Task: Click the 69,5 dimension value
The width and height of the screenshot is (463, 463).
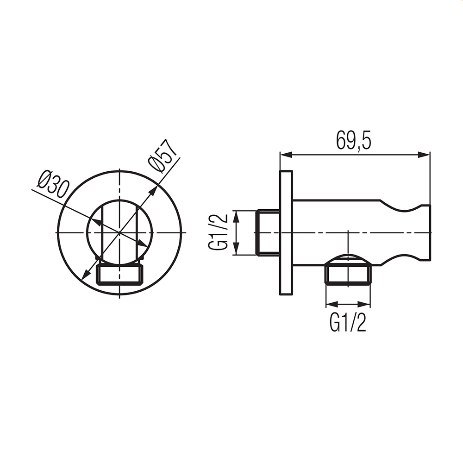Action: [353, 141]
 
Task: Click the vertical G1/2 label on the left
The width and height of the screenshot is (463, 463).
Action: [219, 232]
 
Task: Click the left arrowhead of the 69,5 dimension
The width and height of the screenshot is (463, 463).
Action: [286, 155]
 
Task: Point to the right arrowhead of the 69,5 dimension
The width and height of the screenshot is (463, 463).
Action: [424, 155]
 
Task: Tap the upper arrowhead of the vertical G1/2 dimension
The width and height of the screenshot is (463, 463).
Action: [236, 216]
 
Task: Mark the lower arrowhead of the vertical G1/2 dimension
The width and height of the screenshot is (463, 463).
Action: [236, 249]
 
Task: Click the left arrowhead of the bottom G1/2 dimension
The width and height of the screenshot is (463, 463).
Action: [332, 304]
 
